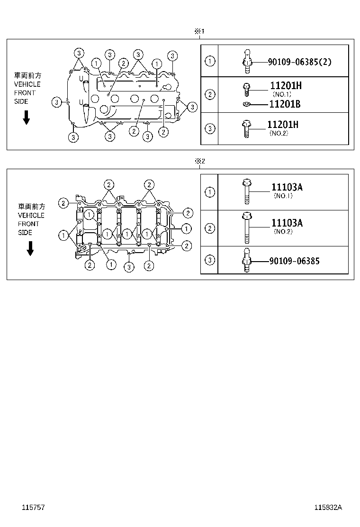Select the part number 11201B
tap(285, 104)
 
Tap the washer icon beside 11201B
tap(246, 104)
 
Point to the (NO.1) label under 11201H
tap(281, 94)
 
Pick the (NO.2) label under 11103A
tap(284, 232)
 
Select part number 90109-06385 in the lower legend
tap(294, 261)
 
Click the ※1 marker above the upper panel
tap(198, 31)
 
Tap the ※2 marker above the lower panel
tap(199, 161)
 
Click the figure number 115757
tap(33, 507)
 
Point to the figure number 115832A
tap(328, 507)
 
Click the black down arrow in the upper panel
tap(27, 117)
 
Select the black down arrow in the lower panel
tap(30, 248)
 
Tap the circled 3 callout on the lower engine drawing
tap(128, 267)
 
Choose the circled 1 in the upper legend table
tap(209, 61)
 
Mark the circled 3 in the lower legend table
tap(210, 260)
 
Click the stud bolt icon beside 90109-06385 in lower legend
tap(246, 261)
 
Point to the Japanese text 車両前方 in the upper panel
tap(27, 75)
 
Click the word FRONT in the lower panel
tap(28, 224)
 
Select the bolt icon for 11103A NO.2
tap(246, 227)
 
